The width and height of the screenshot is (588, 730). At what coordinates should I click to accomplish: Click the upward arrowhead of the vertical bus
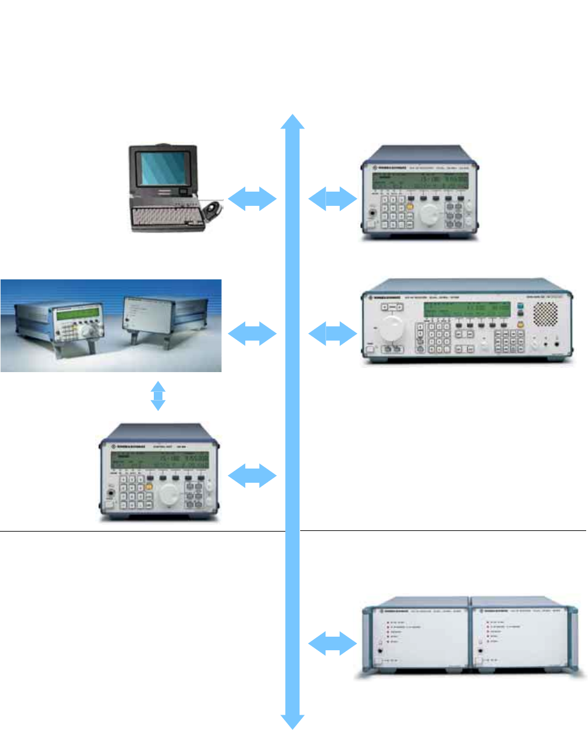[293, 122]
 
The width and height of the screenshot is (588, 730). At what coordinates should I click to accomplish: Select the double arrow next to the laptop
[252, 198]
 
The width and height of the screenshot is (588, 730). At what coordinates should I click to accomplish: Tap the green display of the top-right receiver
[418, 181]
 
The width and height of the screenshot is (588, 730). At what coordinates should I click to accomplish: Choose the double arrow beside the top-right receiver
[332, 198]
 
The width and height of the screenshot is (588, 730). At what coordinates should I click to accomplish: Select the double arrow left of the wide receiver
[332, 334]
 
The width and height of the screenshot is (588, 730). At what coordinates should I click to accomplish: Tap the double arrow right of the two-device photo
[252, 334]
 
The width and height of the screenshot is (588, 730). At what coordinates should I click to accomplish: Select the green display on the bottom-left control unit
[159, 460]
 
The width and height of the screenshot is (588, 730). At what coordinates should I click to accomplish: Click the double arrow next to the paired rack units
[332, 647]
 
